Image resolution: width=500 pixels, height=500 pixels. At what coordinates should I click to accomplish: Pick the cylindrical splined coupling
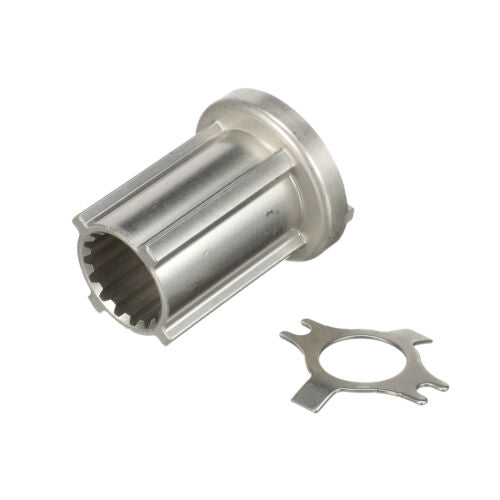pyautogui.click(x=210, y=220)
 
